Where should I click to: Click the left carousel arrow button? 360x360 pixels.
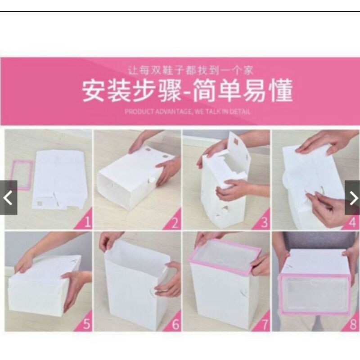point(9,198)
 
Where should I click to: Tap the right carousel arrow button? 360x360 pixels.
point(352,198)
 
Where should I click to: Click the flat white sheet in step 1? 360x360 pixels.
point(59,179)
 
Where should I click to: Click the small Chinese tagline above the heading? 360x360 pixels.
point(191,70)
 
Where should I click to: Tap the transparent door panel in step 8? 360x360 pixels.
point(314,294)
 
